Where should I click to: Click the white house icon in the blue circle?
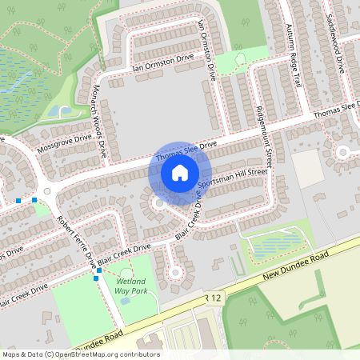pyautogui.click(x=180, y=170)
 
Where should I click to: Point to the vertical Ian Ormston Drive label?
pyautogui.click(x=207, y=47)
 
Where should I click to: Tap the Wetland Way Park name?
pyautogui.click(x=131, y=287)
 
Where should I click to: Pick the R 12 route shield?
pyautogui.click(x=212, y=298)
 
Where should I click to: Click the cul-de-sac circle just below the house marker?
pyautogui.click(x=159, y=203)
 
